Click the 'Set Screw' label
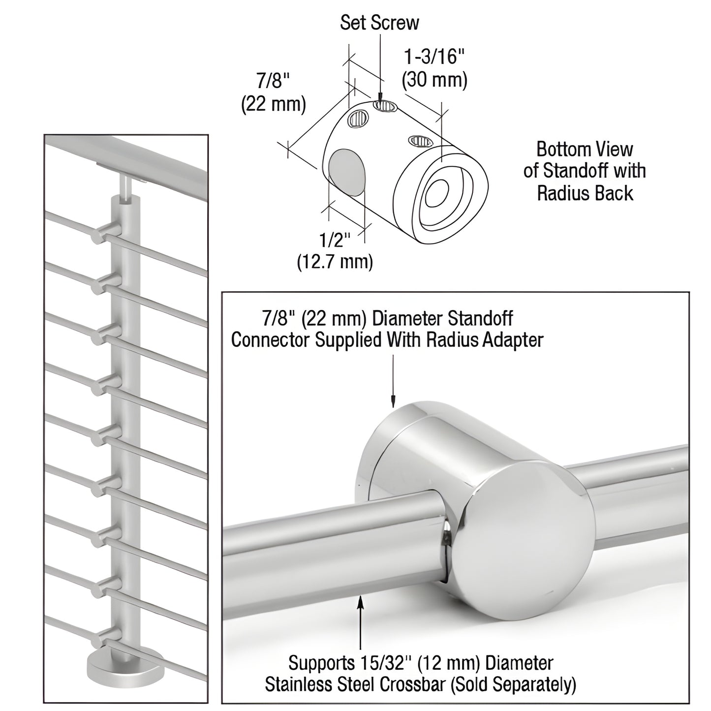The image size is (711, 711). [x=379, y=23]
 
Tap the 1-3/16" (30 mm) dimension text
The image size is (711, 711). [x=434, y=69]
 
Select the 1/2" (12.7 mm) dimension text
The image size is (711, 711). [x=335, y=251]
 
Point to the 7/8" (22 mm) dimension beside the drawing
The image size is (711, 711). [x=273, y=92]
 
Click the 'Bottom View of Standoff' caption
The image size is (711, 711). [x=585, y=171]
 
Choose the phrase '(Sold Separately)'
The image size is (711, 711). [x=530, y=684]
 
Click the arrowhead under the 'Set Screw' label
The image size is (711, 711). [x=380, y=97]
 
